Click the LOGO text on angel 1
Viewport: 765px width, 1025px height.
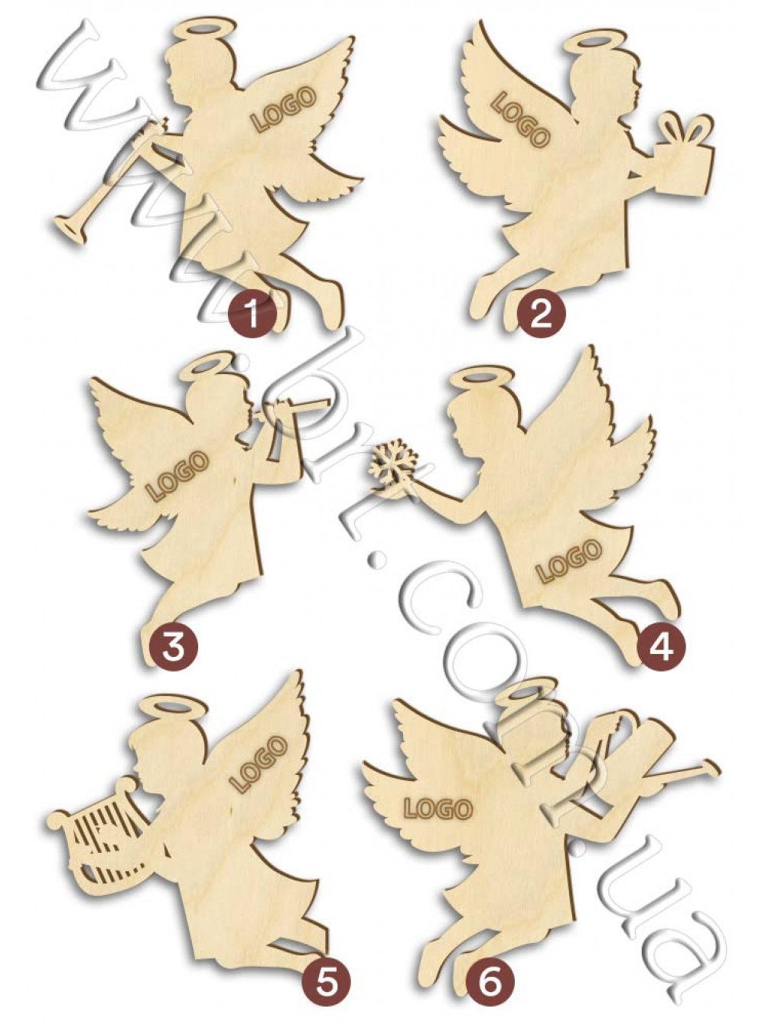(285, 109)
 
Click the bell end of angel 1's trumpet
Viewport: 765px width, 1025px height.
(66, 227)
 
